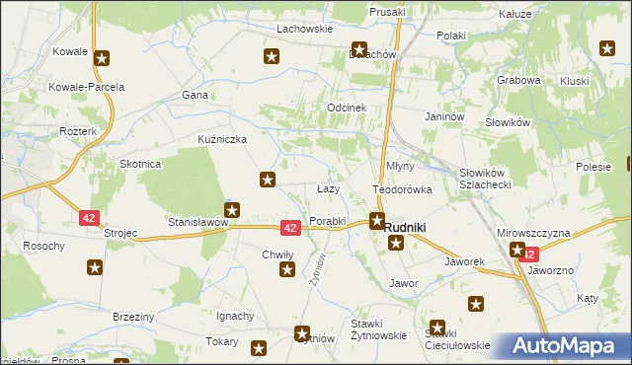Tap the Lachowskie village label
303,29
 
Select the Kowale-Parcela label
87,87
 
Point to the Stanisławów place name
197,223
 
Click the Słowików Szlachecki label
484,179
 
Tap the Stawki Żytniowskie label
379,329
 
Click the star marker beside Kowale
101,58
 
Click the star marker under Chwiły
287,270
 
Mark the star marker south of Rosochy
95,266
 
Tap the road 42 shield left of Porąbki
290,228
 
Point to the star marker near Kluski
608,46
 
